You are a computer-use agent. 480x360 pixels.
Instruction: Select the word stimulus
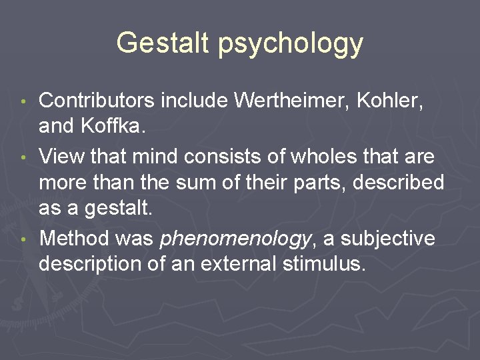click(x=323, y=263)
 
